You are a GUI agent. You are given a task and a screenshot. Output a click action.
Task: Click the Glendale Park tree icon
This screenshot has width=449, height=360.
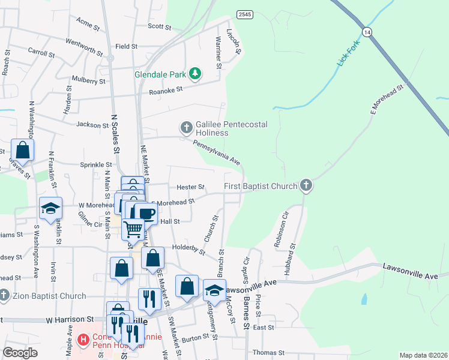tap(194, 74)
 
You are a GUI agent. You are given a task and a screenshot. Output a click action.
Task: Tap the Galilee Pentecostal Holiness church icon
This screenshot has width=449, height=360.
tap(186, 128)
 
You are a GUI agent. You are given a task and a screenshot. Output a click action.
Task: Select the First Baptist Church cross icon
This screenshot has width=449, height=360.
tap(306, 186)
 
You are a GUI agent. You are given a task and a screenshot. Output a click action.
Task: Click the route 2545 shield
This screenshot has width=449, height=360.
tap(244, 14)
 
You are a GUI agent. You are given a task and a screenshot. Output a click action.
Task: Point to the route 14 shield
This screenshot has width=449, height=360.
tap(366, 31)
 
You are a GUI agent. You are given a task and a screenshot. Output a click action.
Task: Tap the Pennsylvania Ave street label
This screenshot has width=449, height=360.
tap(217, 152)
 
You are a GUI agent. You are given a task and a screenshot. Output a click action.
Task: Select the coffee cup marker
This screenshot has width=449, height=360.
tap(145, 212)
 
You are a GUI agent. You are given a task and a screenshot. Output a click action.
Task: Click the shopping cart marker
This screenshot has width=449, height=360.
tap(133, 228)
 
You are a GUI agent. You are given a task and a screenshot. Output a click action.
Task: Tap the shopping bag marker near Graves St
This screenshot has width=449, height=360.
tap(22, 150)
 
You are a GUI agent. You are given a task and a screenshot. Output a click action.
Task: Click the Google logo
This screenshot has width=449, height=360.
tap(20, 353)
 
